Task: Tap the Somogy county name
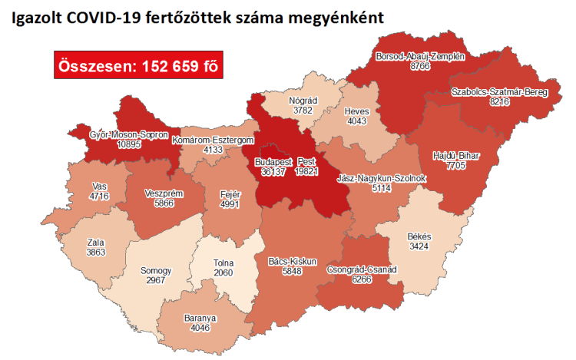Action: pos(156,271)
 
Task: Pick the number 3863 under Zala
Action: pos(96,252)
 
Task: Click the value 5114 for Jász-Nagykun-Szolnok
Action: pos(381,188)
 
